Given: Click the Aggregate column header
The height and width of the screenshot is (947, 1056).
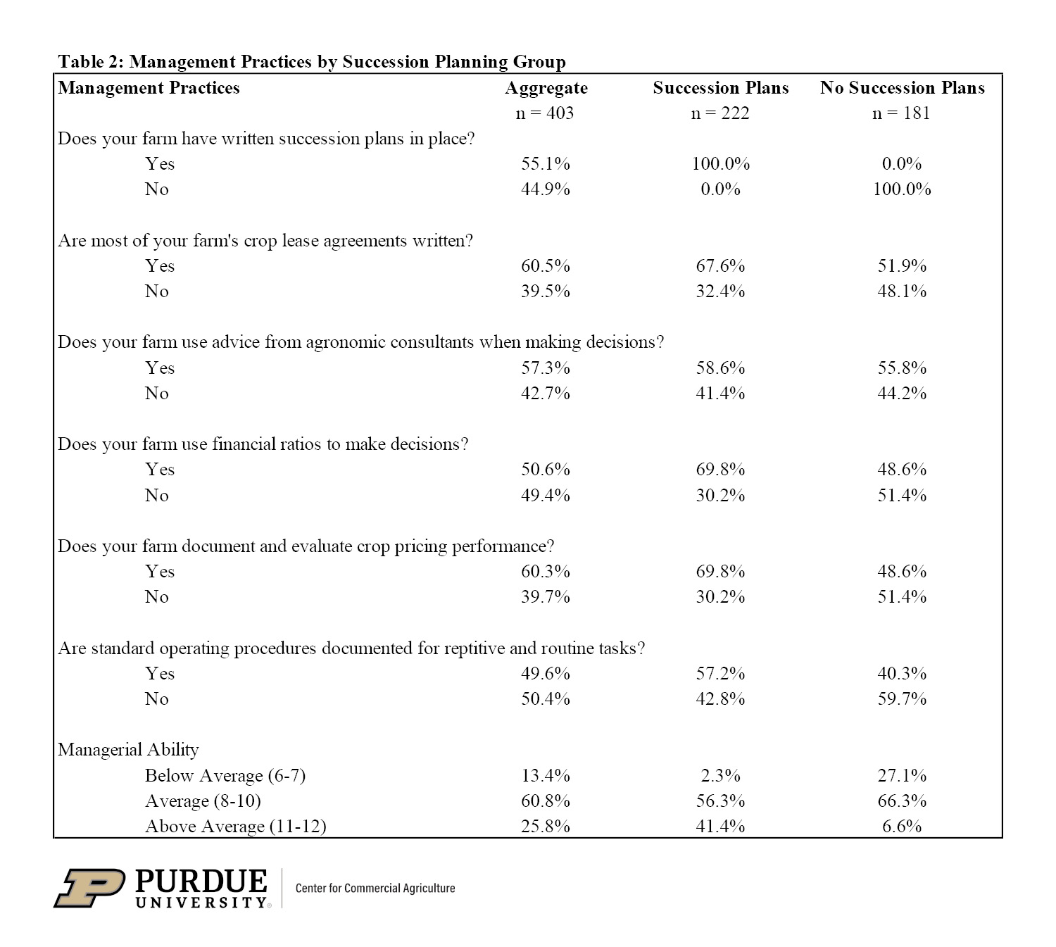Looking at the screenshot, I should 546,88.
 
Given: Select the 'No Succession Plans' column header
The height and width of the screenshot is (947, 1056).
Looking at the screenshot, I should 902,88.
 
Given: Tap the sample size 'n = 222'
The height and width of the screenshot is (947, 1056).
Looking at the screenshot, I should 720,113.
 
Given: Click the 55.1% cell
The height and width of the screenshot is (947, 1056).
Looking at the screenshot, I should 546,164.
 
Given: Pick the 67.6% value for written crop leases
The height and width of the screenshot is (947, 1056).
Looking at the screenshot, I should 720,266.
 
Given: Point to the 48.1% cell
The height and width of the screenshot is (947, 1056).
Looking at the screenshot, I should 902,291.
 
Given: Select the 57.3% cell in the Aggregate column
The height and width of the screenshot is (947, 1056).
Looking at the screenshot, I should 546,368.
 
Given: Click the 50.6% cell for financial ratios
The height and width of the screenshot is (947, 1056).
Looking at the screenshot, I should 546,470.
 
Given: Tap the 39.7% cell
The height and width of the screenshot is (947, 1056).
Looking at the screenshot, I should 546,597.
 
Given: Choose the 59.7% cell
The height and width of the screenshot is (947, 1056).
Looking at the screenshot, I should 902,699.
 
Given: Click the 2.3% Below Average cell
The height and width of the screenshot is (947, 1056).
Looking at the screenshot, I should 720,776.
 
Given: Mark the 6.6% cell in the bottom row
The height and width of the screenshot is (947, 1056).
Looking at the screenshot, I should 902,827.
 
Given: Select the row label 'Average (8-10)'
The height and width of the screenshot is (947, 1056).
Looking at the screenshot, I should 203,801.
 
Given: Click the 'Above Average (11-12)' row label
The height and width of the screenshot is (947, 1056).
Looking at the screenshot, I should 235,827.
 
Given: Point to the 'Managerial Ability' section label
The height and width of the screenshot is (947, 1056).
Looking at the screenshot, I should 128,750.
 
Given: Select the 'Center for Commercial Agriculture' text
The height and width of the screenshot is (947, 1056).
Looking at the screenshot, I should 375,889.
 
